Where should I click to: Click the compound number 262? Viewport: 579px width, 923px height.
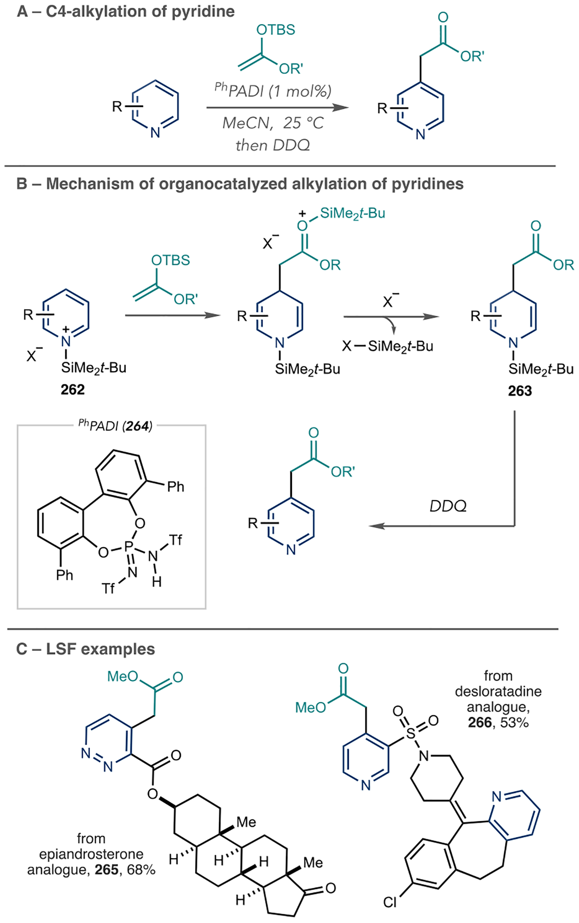(73, 389)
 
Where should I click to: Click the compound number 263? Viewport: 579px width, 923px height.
(520, 391)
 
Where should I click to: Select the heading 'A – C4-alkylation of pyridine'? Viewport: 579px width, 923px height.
(126, 11)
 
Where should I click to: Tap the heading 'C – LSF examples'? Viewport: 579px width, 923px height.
(86, 649)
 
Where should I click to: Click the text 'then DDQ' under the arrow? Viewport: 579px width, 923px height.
(273, 145)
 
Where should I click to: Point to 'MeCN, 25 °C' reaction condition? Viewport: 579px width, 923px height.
(273, 123)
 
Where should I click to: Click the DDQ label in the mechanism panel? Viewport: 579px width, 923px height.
(448, 506)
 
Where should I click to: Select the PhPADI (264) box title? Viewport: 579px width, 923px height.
(115, 425)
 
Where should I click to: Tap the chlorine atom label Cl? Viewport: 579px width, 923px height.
(390, 902)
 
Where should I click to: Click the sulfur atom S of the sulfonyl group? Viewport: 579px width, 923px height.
(410, 733)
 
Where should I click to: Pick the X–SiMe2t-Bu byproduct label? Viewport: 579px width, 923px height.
(388, 346)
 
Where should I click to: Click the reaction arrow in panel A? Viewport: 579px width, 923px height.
(277, 108)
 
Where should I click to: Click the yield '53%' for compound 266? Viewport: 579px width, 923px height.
(514, 723)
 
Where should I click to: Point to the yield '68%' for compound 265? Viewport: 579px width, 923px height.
(140, 870)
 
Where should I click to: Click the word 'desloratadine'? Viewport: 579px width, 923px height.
(498, 691)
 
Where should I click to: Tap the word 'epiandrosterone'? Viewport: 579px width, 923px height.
(91, 854)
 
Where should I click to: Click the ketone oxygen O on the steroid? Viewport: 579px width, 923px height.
(330, 888)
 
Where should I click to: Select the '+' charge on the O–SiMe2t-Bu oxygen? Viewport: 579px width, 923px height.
(303, 213)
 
